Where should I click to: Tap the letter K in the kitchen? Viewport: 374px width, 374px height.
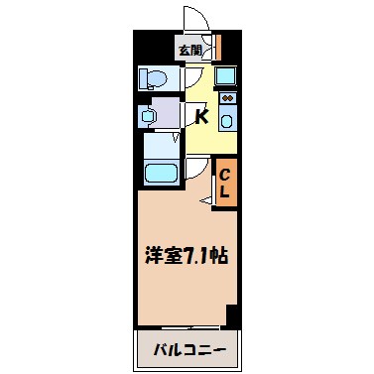[x=200, y=118]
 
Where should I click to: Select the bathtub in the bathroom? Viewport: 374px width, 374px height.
[x=159, y=173]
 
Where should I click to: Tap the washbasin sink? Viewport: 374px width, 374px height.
[x=148, y=116]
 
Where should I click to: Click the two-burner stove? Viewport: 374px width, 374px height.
[x=227, y=99]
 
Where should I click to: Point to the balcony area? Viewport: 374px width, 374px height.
[x=188, y=349]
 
